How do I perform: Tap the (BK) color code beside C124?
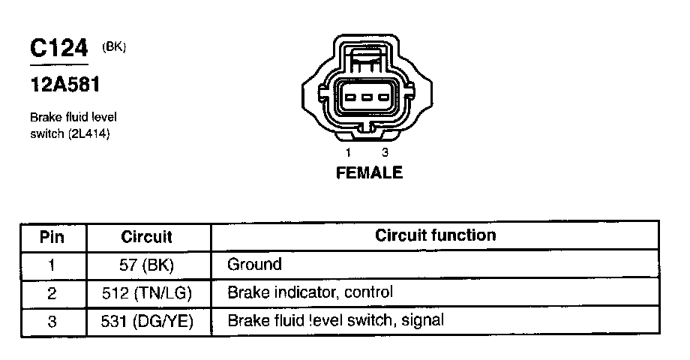pos(113,47)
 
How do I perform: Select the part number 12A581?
pos(64,85)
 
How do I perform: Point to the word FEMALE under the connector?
pos(368,173)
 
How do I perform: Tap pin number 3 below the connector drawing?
pos(384,152)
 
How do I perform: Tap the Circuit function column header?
pos(436,235)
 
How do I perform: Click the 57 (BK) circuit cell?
pos(147,265)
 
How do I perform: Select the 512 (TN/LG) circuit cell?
pos(147,292)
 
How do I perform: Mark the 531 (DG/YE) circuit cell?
pos(147,321)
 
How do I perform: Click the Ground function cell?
pos(254,265)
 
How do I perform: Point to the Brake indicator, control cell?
pos(310,292)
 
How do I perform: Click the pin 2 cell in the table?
pos(52,292)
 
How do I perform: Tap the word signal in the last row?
pos(423,321)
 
